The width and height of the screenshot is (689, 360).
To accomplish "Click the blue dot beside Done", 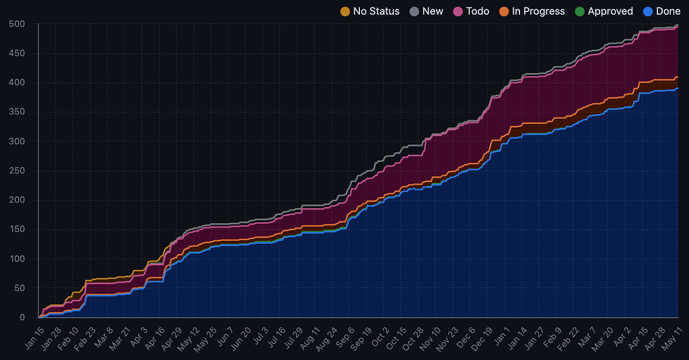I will click(x=649, y=11).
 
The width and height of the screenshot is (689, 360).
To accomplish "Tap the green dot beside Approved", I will click(x=580, y=11).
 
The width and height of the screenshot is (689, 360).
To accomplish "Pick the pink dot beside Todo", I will click(x=458, y=11).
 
